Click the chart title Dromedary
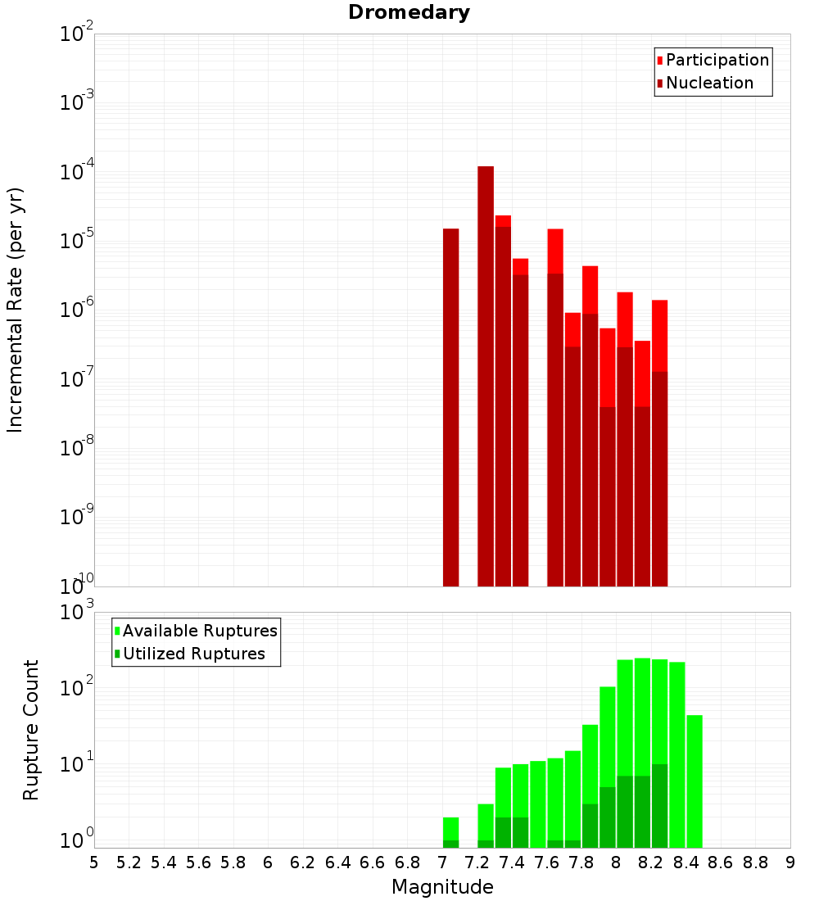[409, 12]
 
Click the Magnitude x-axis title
[442, 887]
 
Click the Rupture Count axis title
[31, 730]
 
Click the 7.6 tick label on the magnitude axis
[546, 863]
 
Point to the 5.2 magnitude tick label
[129, 863]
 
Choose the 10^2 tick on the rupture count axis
[76, 689]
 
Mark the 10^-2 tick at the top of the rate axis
[76, 35]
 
